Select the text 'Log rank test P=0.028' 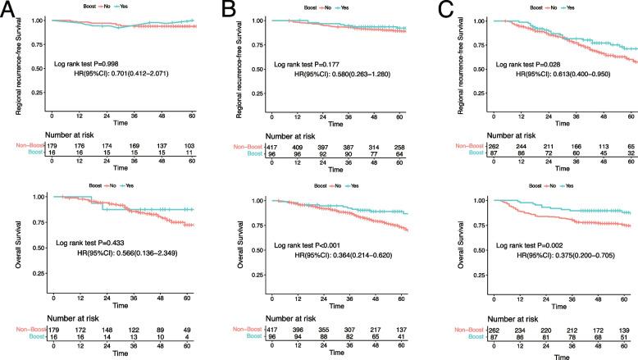click(x=526, y=64)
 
